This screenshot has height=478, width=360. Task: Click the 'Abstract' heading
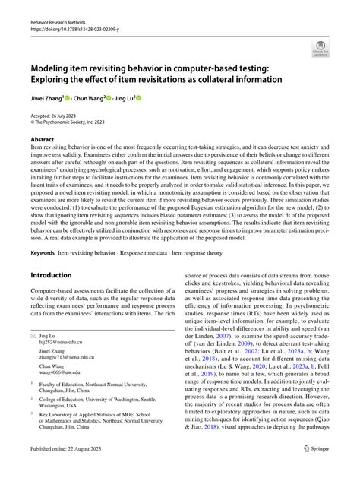click(42, 140)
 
